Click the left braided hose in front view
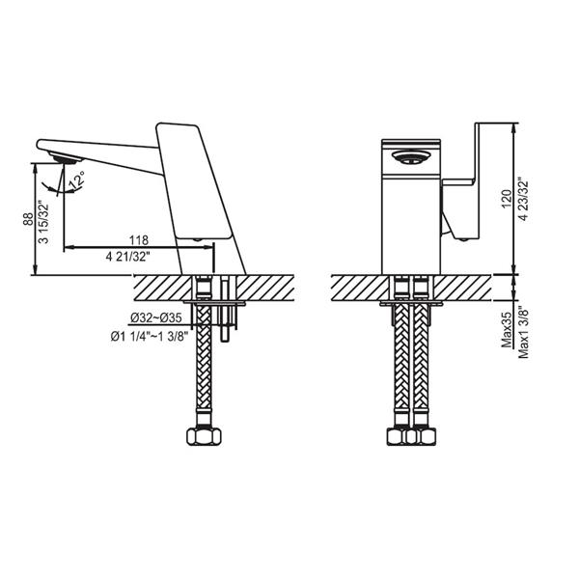[x=399, y=367]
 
